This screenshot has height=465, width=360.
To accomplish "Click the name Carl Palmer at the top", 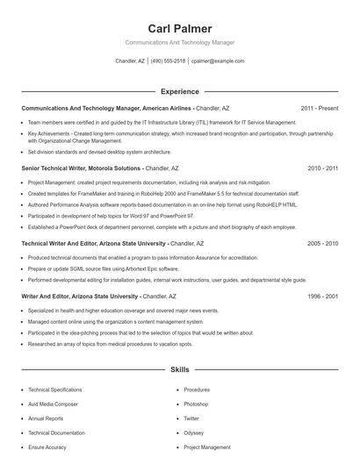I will coord(180,29).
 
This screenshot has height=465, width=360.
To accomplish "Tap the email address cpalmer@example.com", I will coord(217,61).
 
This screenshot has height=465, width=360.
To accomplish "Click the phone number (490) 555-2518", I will coord(168,61).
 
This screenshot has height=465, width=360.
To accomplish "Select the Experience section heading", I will coord(180,91).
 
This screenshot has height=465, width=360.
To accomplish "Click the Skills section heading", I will coord(180,370).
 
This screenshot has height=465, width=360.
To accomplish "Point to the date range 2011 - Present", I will coord(319,108).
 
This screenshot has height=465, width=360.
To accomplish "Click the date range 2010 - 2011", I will coord(322,168).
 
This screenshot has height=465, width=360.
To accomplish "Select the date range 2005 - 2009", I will coord(322,243).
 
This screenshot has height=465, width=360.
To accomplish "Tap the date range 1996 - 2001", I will coord(322,297).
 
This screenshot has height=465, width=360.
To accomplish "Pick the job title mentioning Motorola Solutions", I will coord(99,168).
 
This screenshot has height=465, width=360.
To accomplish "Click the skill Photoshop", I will coord(196,404).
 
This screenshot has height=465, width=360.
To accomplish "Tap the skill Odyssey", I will coord(193,433).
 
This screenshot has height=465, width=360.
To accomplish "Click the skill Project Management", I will coord(207,447).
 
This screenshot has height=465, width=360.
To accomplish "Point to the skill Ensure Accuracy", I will coord(47,447).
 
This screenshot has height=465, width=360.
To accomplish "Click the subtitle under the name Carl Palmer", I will coord(180,42).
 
